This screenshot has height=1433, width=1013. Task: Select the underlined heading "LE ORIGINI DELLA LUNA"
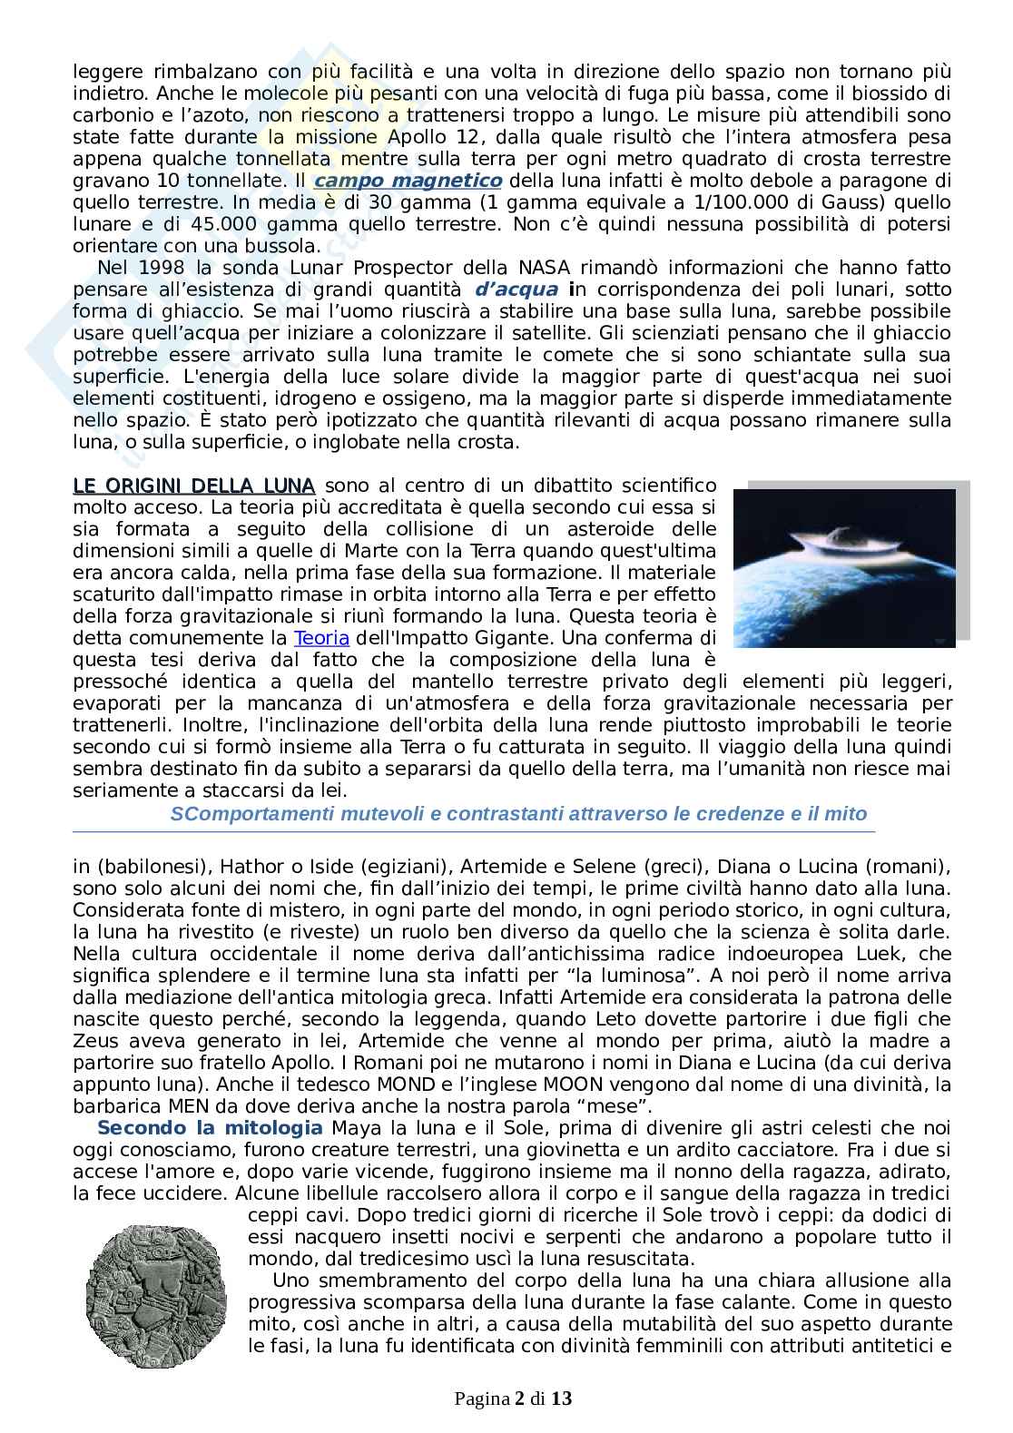[193, 486]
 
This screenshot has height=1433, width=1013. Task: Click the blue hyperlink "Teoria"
[325, 638]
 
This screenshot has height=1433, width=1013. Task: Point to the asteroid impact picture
[843, 568]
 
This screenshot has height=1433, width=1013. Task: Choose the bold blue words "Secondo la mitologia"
[209, 1128]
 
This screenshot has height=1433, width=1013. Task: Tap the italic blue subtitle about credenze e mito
[518, 813]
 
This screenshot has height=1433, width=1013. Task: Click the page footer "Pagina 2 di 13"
[513, 1399]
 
